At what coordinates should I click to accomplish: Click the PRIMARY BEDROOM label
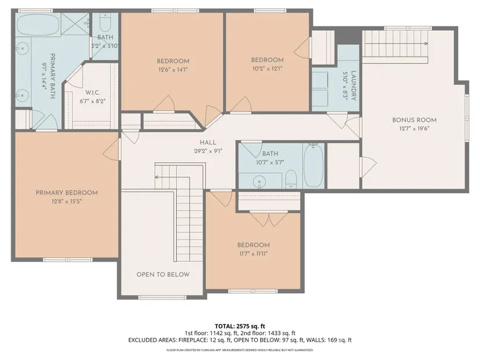coord(67,193)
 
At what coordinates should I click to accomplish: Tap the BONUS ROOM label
coord(414,120)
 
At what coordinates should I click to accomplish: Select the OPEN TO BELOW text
coord(163,275)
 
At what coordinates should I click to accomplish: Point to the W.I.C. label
coord(93,92)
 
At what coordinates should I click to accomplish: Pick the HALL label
coord(208,142)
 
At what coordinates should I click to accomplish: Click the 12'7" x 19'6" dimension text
coord(414,129)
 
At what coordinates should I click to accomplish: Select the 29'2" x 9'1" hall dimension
coord(208,151)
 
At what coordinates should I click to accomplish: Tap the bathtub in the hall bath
coord(314,165)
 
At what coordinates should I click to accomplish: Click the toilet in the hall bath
coord(291,179)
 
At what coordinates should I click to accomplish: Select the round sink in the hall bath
coord(259,181)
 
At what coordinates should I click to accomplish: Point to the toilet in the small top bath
coord(105,23)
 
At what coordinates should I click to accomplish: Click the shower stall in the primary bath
coord(75,24)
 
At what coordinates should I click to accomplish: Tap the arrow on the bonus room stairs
coord(396,44)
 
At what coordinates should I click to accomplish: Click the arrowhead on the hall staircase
coord(156,177)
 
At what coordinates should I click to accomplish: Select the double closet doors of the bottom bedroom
coord(268,219)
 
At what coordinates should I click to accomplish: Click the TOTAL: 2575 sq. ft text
coord(240,326)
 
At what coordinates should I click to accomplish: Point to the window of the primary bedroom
coord(67,260)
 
